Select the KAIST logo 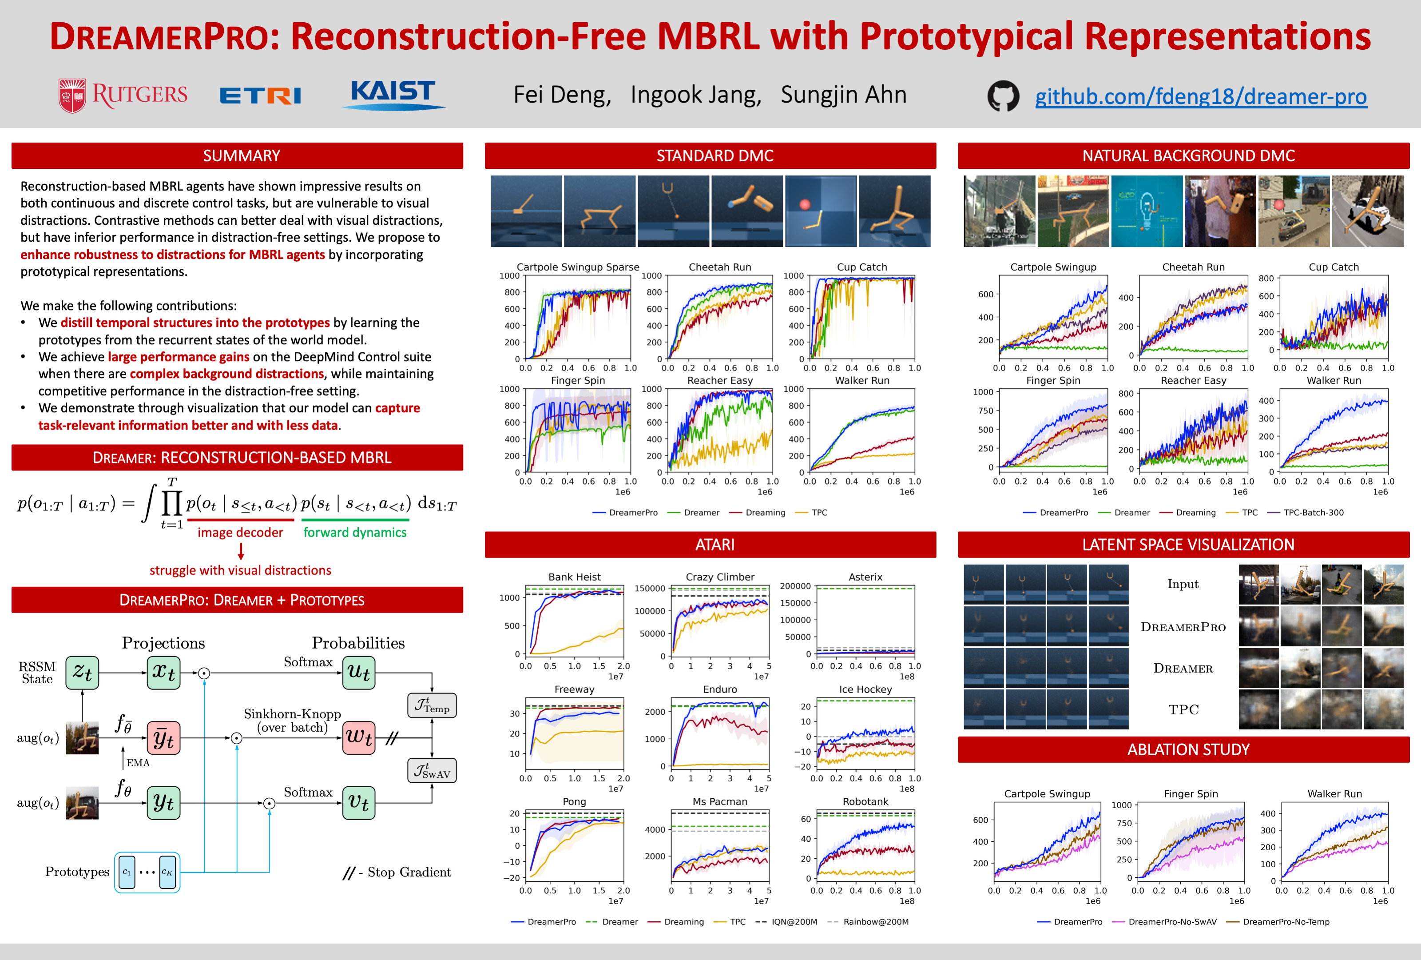point(393,94)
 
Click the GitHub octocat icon point(1003,96)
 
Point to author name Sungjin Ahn point(843,95)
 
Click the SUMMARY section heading point(242,156)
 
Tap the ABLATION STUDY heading point(1188,749)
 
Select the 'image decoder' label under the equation point(240,532)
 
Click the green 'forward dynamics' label point(355,532)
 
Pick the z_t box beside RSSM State point(82,673)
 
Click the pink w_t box point(358,737)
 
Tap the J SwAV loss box point(432,770)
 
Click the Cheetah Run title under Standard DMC point(720,267)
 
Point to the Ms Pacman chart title point(720,801)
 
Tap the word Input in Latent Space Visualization point(1183,584)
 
